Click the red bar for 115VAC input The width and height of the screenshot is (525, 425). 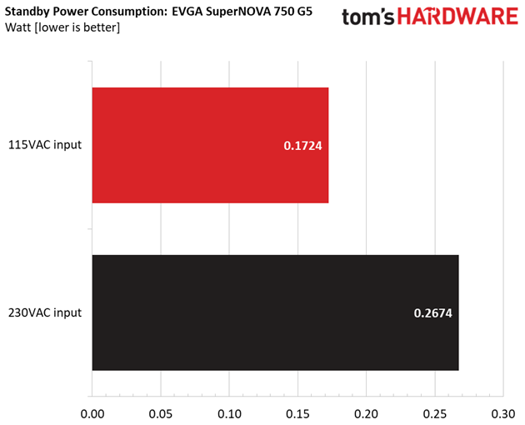coord(210,145)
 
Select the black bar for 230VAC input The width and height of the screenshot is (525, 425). coord(275,312)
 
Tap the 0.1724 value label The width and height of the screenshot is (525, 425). coord(302,146)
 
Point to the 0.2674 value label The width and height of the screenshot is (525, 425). coord(433,313)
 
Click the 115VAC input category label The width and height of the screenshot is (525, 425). coord(45,145)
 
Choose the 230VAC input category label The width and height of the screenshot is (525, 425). coord(45,312)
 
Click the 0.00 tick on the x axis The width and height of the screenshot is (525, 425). coord(92,414)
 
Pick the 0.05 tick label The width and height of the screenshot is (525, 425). coord(161,414)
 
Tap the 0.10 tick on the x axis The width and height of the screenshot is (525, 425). coord(229,414)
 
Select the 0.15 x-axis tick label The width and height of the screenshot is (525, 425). coord(297,414)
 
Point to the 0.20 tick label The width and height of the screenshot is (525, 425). coord(367,414)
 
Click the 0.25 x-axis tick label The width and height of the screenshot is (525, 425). coord(435,414)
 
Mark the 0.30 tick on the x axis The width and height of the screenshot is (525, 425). coord(503,414)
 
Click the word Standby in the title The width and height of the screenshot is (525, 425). coord(27,12)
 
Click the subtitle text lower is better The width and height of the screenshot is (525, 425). coord(77,27)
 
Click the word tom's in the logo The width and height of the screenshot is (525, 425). coord(368,17)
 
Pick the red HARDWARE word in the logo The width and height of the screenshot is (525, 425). coord(457,17)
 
